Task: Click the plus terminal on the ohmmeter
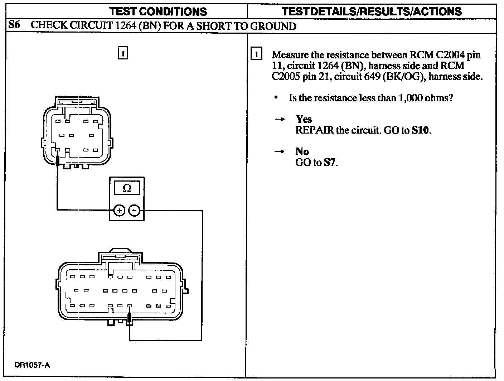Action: [119, 211]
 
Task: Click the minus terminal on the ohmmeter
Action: [134, 211]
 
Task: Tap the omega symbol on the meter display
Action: [127, 188]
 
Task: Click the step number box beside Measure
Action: [256, 55]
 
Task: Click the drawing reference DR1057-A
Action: [32, 365]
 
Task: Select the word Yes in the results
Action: [304, 119]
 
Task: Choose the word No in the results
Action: [302, 151]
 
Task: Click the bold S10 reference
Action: [420, 130]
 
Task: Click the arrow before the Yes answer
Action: [279, 119]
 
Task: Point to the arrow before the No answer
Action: [279, 151]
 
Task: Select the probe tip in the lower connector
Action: [130, 317]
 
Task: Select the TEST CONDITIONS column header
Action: [158, 11]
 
